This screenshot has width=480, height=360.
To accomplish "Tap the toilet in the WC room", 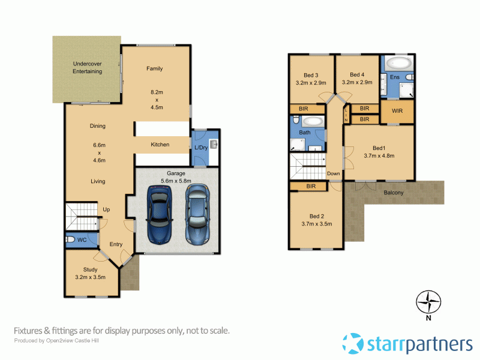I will [x=70, y=240].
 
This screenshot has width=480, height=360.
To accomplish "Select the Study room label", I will [x=90, y=269].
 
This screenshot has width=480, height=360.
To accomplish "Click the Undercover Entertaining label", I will [x=87, y=67].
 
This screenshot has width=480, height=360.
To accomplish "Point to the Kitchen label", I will [x=160, y=145].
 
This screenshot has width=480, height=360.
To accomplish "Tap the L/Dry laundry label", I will [x=200, y=148].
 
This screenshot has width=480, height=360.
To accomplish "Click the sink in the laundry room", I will [x=214, y=145].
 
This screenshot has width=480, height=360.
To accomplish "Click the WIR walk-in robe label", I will [x=397, y=112].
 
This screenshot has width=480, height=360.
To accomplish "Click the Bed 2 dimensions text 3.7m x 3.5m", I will [x=317, y=224].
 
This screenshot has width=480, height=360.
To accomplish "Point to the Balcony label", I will [x=394, y=193].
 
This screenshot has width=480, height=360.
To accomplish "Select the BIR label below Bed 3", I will [x=303, y=109].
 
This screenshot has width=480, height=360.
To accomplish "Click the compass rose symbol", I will [x=428, y=301].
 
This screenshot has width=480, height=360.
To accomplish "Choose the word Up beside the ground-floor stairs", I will [x=107, y=209].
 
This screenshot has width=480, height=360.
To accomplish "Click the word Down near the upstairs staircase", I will [x=333, y=174].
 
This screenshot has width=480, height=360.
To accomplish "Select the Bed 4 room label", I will [x=357, y=75].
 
